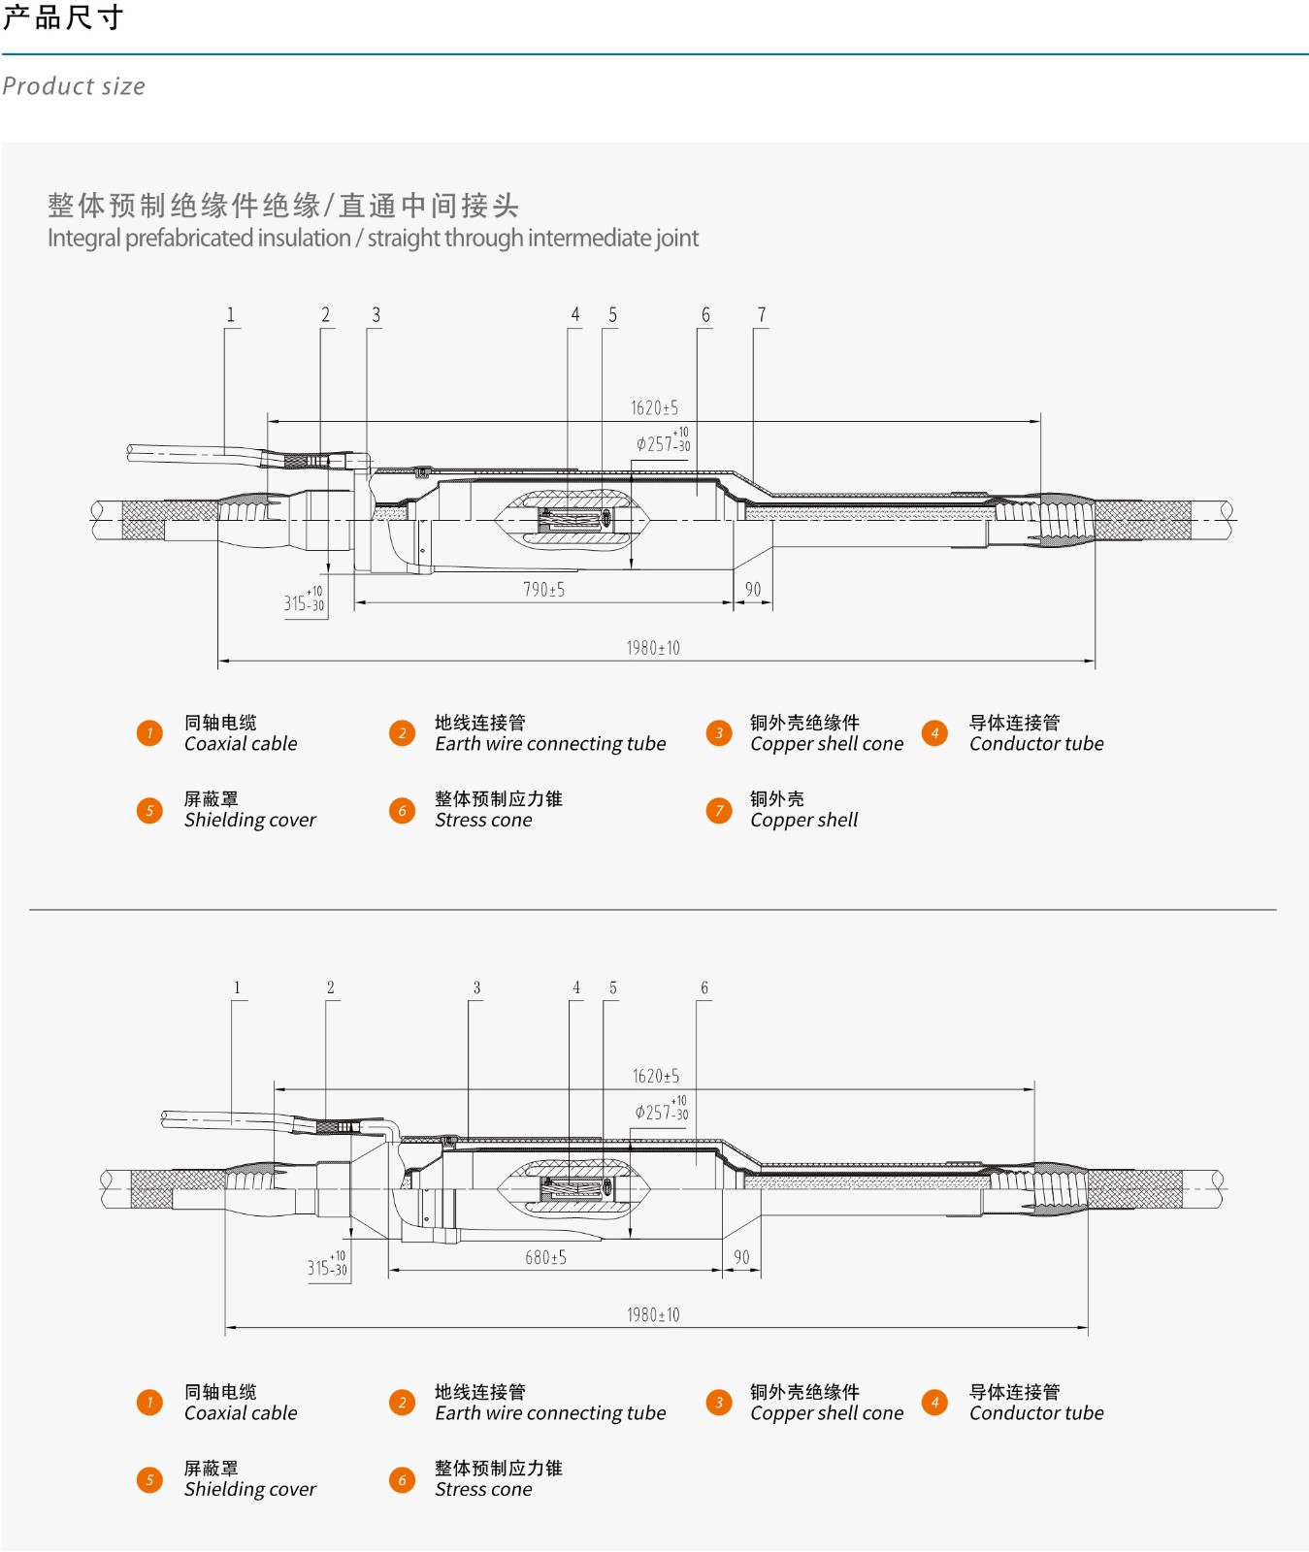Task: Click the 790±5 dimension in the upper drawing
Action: (543, 590)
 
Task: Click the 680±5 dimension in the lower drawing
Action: (545, 1258)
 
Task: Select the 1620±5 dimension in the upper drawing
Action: (654, 408)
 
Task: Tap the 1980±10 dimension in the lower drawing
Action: (653, 1315)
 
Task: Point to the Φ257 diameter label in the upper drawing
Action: (663, 442)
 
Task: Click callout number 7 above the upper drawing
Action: (762, 315)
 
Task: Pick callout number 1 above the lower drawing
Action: (237, 988)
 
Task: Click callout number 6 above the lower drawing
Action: (704, 988)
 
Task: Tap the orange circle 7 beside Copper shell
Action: (719, 810)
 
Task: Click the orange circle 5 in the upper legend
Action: (149, 810)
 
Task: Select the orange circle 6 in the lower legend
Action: (402, 1479)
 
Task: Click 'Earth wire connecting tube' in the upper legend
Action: (550, 744)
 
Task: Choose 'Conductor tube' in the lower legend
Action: (1036, 1413)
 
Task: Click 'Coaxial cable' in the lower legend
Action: (241, 1413)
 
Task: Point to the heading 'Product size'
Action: (74, 86)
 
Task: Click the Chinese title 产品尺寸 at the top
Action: (63, 17)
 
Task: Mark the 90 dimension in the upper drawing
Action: (753, 590)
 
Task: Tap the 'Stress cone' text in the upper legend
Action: (483, 821)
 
